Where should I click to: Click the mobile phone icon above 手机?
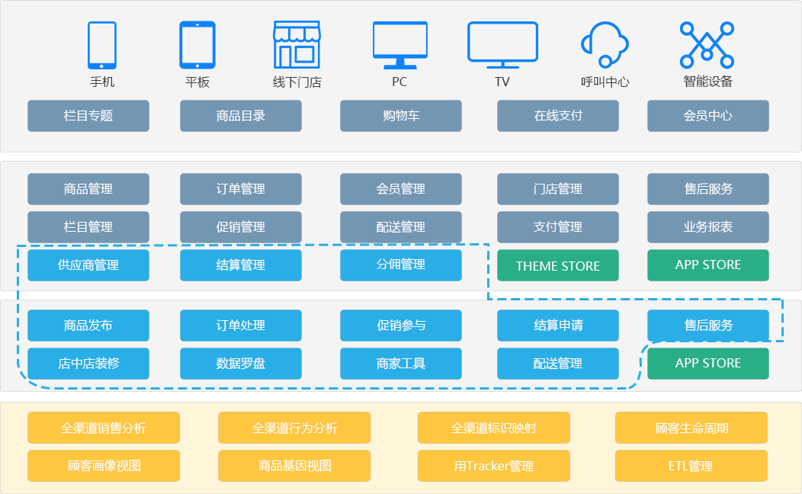point(102,45)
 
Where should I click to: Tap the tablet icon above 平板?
point(197,45)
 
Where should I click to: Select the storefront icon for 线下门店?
point(297,44)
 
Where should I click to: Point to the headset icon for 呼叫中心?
point(605,43)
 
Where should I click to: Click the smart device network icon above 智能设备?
point(707,44)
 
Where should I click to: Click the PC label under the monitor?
point(399,82)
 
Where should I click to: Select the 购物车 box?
point(401,116)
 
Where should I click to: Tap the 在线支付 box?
point(558,116)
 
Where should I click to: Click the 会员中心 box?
point(708,116)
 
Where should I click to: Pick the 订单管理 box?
point(241,189)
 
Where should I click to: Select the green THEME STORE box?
point(558,265)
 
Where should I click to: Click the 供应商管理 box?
point(88,265)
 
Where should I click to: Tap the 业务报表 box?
point(708,227)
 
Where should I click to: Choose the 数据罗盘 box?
point(241,364)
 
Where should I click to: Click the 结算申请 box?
point(558,326)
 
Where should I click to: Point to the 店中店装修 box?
point(88,364)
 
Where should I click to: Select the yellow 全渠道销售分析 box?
point(104,428)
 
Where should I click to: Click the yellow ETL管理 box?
point(691,466)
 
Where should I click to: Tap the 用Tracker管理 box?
point(494,466)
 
